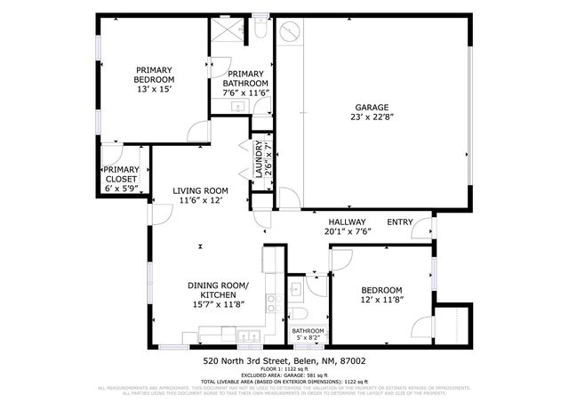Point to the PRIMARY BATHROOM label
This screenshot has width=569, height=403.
244,78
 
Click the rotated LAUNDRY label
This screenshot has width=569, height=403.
259,161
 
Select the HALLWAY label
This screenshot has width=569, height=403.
347,222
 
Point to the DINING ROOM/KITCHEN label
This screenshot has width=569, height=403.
218,290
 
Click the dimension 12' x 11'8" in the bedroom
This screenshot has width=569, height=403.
381,301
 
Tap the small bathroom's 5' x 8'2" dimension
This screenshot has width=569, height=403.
308,337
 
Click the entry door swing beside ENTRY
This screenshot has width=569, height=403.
421,227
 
